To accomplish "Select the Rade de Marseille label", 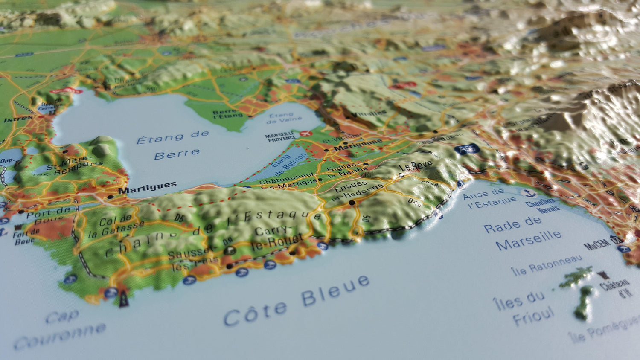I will pos(522,234).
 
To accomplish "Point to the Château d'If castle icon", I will pos(602,275).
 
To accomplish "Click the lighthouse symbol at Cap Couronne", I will pos(124,299).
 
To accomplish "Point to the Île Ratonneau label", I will pos(546,265).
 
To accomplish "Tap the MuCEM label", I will pos(597,244).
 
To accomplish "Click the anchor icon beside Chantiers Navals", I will pos(529,193).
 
